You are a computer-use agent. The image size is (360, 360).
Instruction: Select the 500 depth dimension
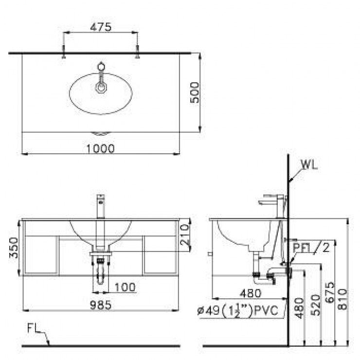tap(194, 92)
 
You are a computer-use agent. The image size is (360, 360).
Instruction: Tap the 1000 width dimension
tap(101, 148)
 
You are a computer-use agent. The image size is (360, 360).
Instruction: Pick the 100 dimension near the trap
tap(126, 287)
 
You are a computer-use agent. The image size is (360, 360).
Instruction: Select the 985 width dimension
tap(101, 305)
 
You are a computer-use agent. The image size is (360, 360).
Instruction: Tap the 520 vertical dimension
tap(315, 305)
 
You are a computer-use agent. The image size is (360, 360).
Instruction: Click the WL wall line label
tap(309, 164)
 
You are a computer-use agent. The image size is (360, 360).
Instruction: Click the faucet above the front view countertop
tap(101, 207)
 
